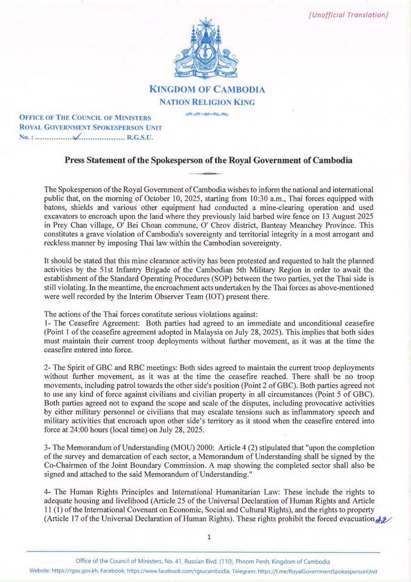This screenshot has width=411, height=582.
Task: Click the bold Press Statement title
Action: (205, 160)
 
